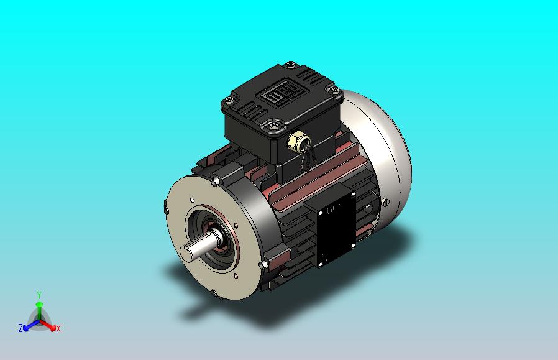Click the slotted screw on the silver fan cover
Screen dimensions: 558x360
[386, 202]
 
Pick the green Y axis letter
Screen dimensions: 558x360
[39, 295]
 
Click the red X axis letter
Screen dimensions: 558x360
[58, 328]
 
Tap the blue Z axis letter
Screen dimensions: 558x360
[21, 328]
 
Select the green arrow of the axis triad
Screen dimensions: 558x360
[39, 310]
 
